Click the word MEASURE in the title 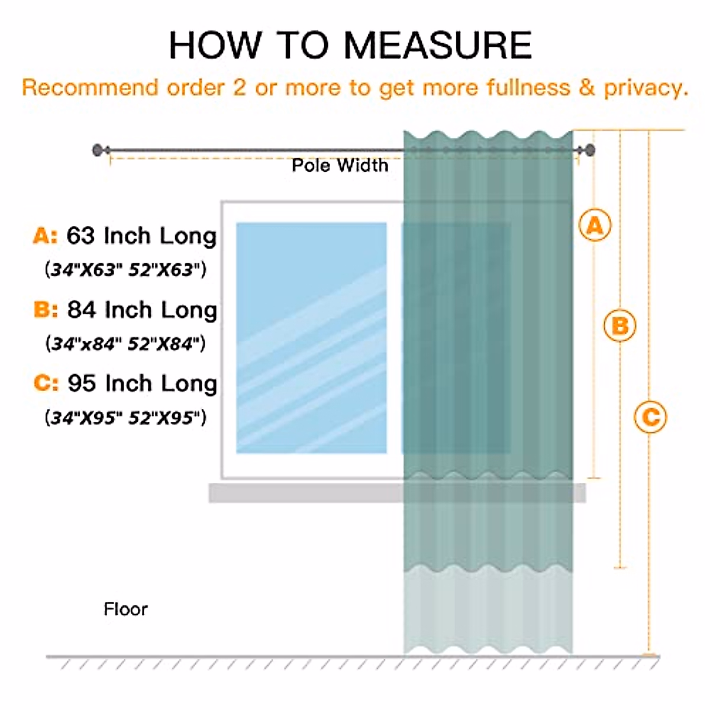pyautogui.click(x=438, y=45)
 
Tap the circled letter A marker pyautogui.click(x=595, y=225)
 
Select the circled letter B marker pyautogui.click(x=619, y=325)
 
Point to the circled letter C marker pyautogui.click(x=650, y=417)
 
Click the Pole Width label pyautogui.click(x=340, y=166)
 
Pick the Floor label pyautogui.click(x=125, y=609)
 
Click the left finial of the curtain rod pyautogui.click(x=97, y=150)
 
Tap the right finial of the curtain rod pyautogui.click(x=590, y=150)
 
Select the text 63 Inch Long pyautogui.click(x=141, y=236)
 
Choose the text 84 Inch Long pyautogui.click(x=142, y=310)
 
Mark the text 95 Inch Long pyautogui.click(x=142, y=384)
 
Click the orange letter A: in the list pyautogui.click(x=46, y=236)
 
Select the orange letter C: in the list pyautogui.click(x=46, y=383)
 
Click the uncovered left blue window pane pyautogui.click(x=311, y=337)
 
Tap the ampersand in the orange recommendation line pyautogui.click(x=586, y=88)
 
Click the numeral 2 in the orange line pyautogui.click(x=240, y=88)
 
